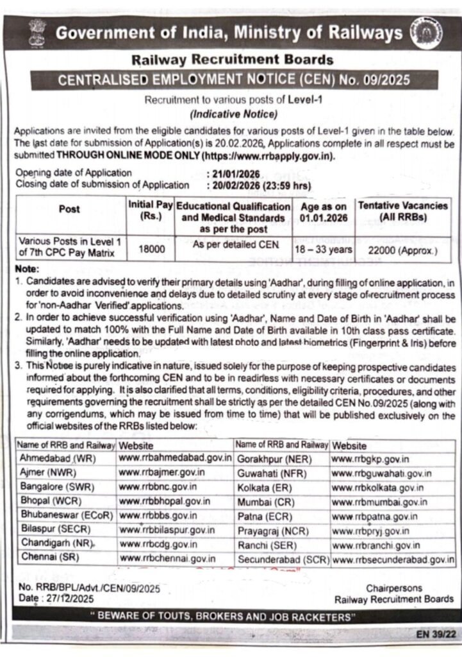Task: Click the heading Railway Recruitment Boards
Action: click(x=232, y=60)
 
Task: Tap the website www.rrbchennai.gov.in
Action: click(x=168, y=559)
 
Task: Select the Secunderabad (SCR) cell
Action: click(x=283, y=559)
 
